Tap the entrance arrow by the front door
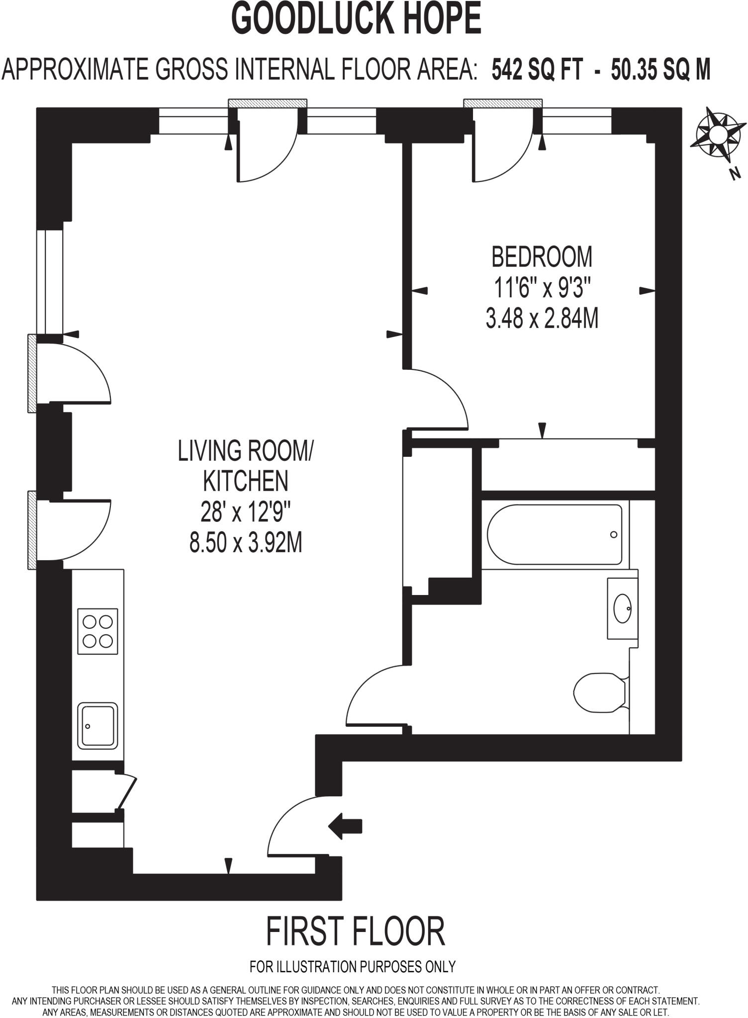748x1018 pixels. [345, 826]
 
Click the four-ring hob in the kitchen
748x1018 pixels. [98, 631]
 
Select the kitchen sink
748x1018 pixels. [98, 725]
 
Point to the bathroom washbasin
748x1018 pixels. [622, 608]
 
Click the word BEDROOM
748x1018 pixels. [542, 257]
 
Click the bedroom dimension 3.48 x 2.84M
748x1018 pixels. [542, 318]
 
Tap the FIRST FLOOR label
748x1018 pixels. [355, 932]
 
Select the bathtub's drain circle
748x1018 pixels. [613, 534]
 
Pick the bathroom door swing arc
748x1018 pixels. [371, 696]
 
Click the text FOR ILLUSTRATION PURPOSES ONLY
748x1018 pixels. [353, 967]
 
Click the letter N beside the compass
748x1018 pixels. [735, 173]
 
